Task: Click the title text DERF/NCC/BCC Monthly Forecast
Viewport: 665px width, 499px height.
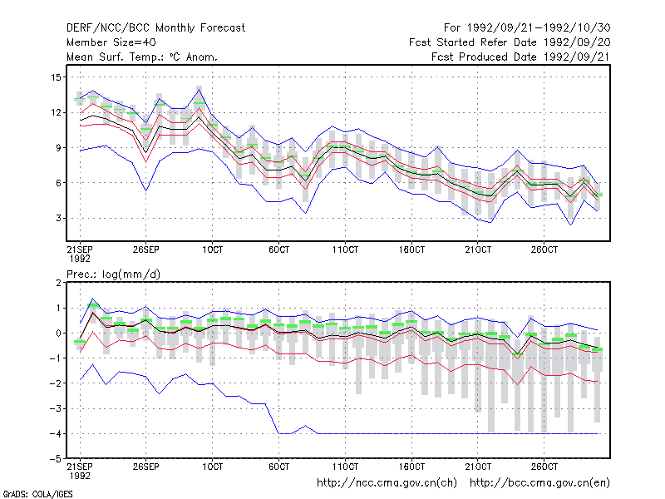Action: (x=155, y=28)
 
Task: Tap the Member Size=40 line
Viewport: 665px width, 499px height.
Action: (x=111, y=42)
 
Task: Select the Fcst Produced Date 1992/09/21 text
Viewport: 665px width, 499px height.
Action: (x=521, y=57)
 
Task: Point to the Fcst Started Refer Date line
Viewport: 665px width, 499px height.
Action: (x=510, y=42)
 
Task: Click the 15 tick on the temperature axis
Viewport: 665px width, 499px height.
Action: (x=56, y=77)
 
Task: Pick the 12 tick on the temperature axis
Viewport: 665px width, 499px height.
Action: (x=56, y=112)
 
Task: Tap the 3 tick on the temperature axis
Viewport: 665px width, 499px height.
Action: (x=58, y=218)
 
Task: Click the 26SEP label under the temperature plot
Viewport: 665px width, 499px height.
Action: (x=146, y=249)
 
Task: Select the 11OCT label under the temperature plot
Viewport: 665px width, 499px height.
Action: (x=345, y=249)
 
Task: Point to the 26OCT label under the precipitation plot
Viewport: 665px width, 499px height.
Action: (x=544, y=467)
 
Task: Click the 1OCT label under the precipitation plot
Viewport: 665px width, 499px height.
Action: (x=213, y=467)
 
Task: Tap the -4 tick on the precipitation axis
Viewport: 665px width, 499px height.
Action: (x=56, y=433)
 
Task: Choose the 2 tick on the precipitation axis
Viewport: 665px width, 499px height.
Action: (x=58, y=283)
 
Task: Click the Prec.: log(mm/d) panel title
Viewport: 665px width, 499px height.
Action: (x=114, y=274)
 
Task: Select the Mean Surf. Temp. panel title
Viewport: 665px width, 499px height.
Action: (x=142, y=57)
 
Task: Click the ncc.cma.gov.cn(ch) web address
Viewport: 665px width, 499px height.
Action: (x=387, y=483)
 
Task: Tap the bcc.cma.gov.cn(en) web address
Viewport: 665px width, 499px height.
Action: (x=539, y=483)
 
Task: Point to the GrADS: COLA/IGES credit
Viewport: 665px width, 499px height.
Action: (x=38, y=494)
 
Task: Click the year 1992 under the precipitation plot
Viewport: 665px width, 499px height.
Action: (x=80, y=476)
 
